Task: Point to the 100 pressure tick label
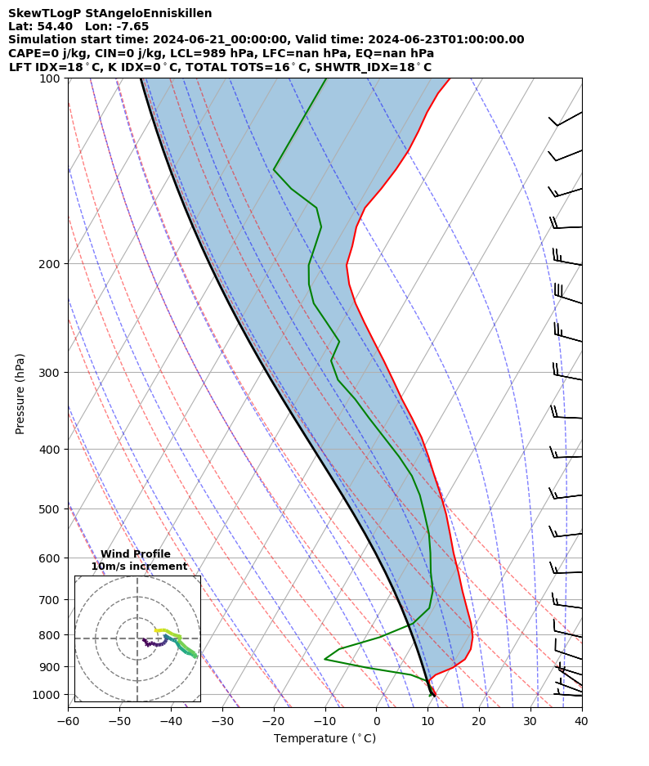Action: (x=51, y=78)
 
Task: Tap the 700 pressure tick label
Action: (x=51, y=600)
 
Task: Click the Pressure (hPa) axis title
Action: (x=20, y=393)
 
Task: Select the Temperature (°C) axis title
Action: (x=324, y=739)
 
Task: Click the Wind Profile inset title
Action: (x=136, y=554)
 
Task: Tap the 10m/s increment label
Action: (x=139, y=567)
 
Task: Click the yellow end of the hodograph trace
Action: (x=156, y=630)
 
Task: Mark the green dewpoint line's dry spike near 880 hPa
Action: (x=325, y=659)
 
